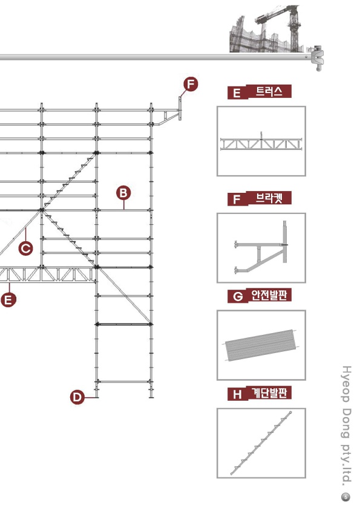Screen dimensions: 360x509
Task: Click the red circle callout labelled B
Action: pyautogui.click(x=123, y=193)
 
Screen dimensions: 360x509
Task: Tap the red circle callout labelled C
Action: pyautogui.click(x=25, y=248)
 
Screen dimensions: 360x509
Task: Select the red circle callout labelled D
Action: pyautogui.click(x=77, y=397)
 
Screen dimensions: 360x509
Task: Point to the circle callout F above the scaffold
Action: pyautogui.click(x=191, y=84)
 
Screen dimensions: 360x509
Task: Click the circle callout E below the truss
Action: pyautogui.click(x=8, y=299)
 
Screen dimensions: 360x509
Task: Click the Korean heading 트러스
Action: pyautogui.click(x=269, y=91)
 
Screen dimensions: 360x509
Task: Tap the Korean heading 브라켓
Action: pyautogui.click(x=269, y=198)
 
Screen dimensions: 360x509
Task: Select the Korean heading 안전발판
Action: pyautogui.click(x=269, y=296)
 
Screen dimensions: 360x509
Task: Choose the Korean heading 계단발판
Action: pyautogui.click(x=269, y=393)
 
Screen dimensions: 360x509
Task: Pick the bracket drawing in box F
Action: pyautogui.click(x=261, y=248)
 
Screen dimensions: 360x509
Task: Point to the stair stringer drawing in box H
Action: pyautogui.click(x=261, y=443)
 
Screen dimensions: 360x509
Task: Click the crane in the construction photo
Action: pyautogui.click(x=283, y=26)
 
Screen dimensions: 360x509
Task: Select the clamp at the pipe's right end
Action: pyautogui.click(x=317, y=59)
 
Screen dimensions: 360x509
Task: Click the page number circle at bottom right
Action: pyautogui.click(x=345, y=497)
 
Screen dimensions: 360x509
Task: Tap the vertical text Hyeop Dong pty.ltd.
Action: pyautogui.click(x=347, y=426)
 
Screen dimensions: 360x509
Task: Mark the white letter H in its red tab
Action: pyautogui.click(x=237, y=394)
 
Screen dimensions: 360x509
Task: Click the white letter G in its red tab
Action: pyautogui.click(x=238, y=297)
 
